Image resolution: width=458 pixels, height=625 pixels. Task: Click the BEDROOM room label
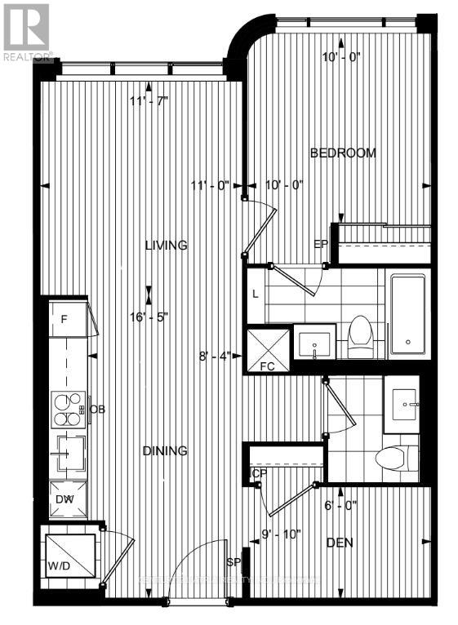(x=343, y=153)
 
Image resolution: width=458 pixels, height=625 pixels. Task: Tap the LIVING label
(x=167, y=245)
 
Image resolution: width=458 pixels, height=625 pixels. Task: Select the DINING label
(x=166, y=450)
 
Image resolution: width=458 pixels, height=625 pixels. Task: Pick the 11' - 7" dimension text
(x=150, y=102)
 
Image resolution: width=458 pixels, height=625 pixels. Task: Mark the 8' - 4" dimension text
(x=215, y=356)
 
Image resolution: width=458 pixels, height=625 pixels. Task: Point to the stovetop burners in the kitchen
(x=69, y=409)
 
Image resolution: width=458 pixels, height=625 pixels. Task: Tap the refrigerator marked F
(x=64, y=319)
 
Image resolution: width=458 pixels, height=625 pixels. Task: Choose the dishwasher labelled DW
(x=65, y=499)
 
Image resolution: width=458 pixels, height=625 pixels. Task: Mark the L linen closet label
(x=256, y=295)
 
